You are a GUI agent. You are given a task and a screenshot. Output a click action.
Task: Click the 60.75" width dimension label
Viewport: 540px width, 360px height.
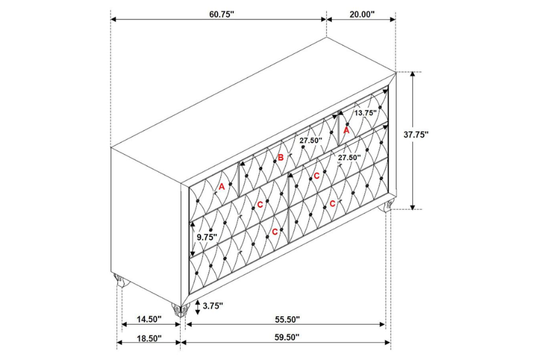point(221,14)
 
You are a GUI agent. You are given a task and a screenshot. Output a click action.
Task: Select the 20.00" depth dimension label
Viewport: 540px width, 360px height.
point(362,14)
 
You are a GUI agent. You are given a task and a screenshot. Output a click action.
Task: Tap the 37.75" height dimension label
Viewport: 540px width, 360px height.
point(416,134)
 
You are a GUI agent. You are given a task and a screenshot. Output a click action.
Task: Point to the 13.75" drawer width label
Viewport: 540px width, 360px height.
point(366,113)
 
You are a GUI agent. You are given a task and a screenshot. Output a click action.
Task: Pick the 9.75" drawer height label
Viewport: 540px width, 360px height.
point(207,237)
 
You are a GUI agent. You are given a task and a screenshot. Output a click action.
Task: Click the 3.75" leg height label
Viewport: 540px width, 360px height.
point(213,305)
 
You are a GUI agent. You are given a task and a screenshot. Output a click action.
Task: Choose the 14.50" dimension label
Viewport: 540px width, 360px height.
point(149,319)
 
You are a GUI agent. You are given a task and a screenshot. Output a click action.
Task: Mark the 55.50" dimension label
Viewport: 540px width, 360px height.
point(287,319)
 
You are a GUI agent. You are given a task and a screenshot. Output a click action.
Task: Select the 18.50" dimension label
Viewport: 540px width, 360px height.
point(149,338)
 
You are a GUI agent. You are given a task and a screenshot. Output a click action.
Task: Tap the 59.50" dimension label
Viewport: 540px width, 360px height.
point(287,338)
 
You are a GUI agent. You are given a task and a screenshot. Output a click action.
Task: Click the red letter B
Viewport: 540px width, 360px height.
point(281,158)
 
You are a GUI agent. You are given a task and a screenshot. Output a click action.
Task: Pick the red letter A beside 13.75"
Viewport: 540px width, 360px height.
point(346,131)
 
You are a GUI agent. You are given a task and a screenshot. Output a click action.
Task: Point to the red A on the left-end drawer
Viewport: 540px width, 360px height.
point(222,187)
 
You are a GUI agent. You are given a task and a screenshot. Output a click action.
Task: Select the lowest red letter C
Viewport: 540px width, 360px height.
point(274,232)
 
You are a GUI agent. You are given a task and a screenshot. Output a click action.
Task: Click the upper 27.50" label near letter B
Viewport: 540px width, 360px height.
point(311,140)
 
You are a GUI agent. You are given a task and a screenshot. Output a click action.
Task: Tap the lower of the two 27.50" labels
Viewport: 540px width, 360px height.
point(349,157)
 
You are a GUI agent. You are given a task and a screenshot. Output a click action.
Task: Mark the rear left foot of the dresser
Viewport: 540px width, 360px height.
point(121,280)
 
